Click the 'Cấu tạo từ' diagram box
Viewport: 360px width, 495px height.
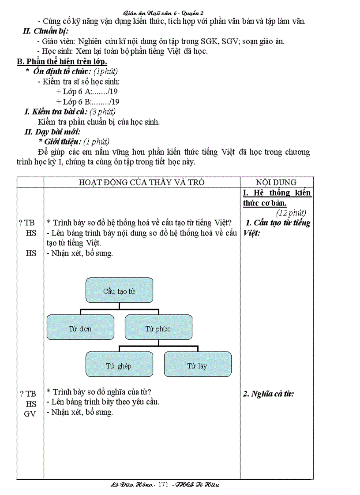119,290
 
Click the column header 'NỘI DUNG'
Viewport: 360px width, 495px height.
276,182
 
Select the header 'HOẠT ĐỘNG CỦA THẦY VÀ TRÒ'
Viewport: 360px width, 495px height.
142,182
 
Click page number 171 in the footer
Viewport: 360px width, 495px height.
164,485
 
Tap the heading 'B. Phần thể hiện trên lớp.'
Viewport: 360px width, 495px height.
62,61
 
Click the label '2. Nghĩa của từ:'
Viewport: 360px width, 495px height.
269,394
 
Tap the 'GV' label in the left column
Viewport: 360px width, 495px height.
30,414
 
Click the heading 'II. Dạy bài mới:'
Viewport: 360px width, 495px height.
52,132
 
